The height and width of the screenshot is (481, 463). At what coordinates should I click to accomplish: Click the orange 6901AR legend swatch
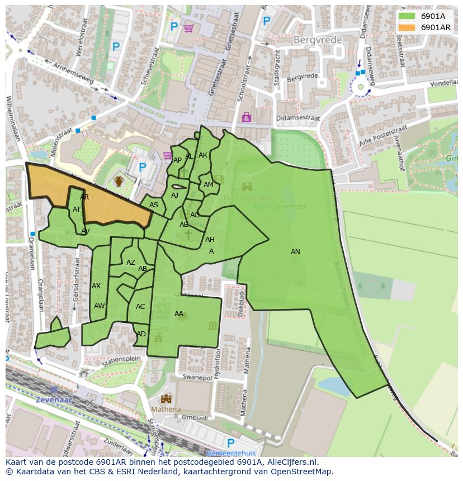tap(407, 27)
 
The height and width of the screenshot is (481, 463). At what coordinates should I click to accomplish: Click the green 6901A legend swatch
tap(407, 16)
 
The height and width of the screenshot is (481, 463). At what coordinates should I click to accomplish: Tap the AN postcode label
tap(295, 252)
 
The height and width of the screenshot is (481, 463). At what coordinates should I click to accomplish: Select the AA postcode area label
tap(179, 314)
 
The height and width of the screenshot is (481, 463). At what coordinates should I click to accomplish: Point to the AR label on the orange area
tap(84, 197)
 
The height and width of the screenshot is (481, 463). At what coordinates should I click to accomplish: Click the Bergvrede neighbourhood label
tap(316, 40)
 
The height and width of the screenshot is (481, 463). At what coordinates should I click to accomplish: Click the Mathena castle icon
tap(166, 399)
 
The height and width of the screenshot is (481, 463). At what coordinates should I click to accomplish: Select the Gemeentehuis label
tap(231, 453)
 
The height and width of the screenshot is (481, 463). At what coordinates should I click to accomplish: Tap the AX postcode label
tap(96, 286)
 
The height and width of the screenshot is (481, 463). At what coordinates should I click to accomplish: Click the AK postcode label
tap(203, 155)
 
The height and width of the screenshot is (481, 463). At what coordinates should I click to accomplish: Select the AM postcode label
tap(209, 185)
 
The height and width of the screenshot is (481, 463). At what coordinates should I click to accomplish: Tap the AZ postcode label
tap(131, 263)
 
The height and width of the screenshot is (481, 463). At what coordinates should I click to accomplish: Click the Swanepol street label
tap(197, 378)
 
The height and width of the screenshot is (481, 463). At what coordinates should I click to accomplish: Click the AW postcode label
tap(99, 306)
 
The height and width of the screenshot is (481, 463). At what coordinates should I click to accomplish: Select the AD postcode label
tap(141, 334)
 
